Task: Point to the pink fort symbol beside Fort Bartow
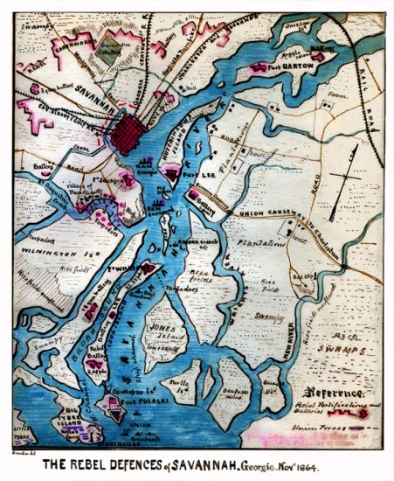[x=259, y=66]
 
